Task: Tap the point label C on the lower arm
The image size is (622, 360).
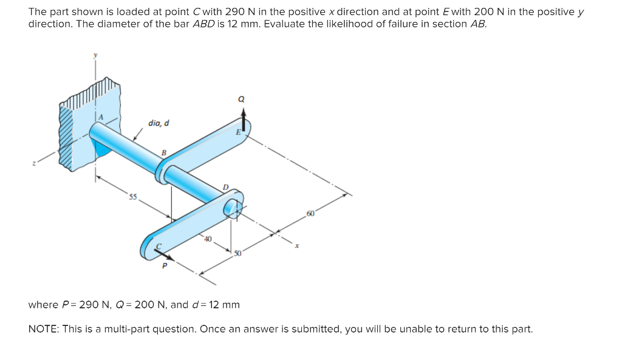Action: coord(160,246)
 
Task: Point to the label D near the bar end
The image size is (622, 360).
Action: coord(226,187)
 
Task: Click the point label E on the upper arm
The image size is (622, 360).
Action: coord(238,132)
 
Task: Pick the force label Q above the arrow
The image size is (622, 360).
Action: coord(243,99)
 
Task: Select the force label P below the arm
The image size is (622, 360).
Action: coord(163,265)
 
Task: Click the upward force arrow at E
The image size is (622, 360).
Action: coord(244,119)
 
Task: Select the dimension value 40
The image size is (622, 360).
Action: coord(208,239)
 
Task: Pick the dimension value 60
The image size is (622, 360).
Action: coord(311,214)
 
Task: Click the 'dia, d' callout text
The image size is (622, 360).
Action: coord(159,123)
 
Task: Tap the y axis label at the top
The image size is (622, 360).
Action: coord(95,55)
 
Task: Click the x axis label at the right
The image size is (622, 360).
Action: coord(296,246)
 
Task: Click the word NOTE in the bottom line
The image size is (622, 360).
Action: coord(43,329)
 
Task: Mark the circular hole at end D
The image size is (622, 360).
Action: coord(232,208)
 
